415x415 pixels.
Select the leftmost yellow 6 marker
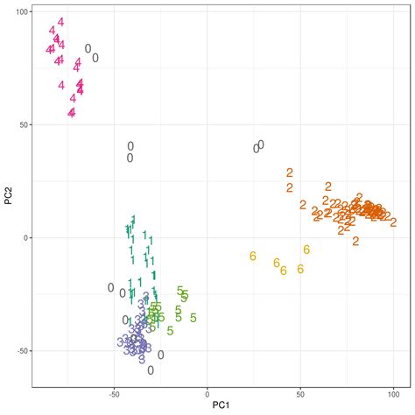252,256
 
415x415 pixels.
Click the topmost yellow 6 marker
306,250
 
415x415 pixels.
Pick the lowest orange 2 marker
355,241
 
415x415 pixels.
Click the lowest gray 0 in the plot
151,370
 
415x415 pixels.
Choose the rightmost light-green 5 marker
193,318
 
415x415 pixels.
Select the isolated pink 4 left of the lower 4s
61,85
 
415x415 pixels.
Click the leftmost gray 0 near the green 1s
111,287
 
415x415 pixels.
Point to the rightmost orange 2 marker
387,215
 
